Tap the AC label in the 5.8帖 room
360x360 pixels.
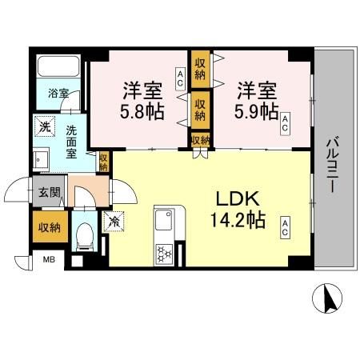click(x=180, y=77)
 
